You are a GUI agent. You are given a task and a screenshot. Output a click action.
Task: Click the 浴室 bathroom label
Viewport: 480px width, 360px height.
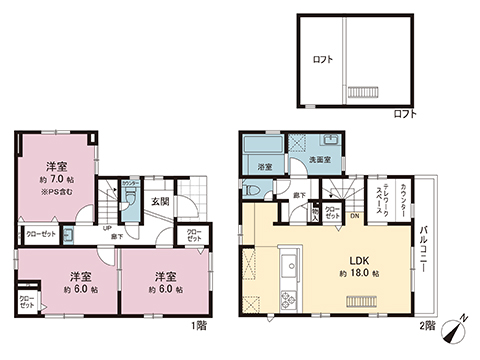(x=265, y=166)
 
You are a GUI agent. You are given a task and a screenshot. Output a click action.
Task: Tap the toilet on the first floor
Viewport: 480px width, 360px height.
(x=129, y=199)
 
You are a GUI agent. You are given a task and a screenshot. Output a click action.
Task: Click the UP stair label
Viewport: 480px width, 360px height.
(x=106, y=227)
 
